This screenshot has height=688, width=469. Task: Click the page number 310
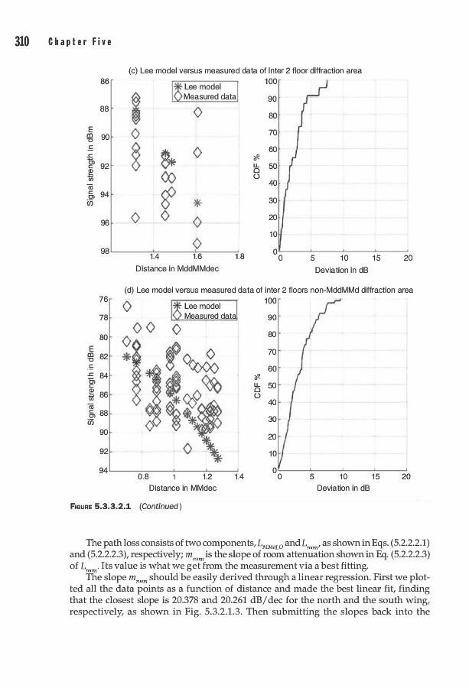click(x=18, y=41)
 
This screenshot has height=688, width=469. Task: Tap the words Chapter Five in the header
click(x=80, y=41)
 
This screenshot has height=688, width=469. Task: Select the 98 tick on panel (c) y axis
click(x=106, y=251)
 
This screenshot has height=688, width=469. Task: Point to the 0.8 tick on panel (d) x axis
click(x=142, y=476)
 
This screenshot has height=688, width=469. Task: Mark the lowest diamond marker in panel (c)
click(x=197, y=243)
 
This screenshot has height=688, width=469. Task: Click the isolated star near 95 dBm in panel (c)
click(x=197, y=203)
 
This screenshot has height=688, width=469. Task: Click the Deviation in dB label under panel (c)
click(x=342, y=269)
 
